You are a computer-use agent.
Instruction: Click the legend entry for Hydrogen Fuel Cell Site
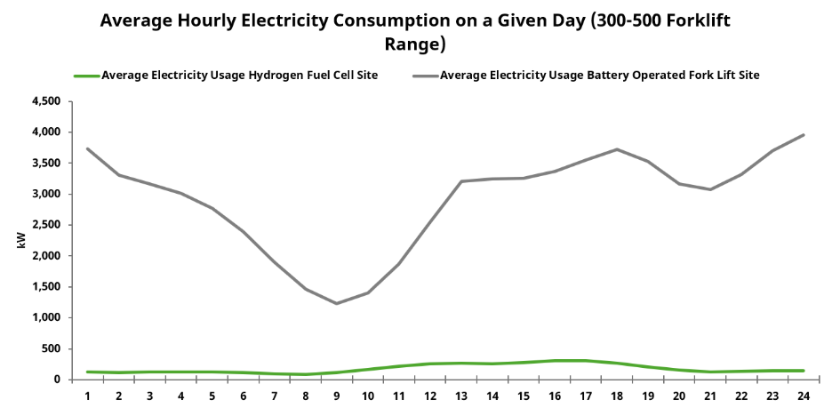[239, 76]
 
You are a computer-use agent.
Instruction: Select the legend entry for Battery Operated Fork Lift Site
[599, 76]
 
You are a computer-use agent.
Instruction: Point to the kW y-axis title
[21, 241]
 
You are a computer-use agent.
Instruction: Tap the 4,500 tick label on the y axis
[45, 101]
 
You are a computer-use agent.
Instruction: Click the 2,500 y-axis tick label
[45, 225]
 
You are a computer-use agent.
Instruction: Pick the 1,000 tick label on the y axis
[45, 317]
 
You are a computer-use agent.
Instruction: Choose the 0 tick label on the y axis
[56, 380]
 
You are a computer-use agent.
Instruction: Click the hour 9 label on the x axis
[336, 396]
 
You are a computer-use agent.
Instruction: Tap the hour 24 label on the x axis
[803, 396]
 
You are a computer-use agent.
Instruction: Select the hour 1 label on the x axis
[87, 396]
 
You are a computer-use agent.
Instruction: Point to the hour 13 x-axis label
[460, 396]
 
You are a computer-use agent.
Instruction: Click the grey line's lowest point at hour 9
[336, 303]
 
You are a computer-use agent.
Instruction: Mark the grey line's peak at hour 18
[616, 149]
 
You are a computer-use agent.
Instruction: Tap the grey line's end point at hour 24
[803, 135]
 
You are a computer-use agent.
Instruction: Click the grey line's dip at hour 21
[709, 189]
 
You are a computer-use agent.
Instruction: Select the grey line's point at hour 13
[460, 181]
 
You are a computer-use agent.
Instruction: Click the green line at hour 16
[554, 361]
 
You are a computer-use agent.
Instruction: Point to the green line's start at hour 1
[87, 372]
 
